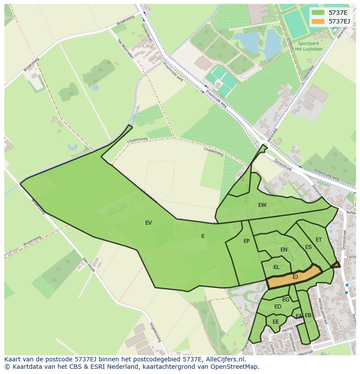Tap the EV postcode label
(x=149, y=223)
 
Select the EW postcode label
(x=262, y=205)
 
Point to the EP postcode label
(x=247, y=241)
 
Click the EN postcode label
(x=284, y=250)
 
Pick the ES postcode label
(x=308, y=247)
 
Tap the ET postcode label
(x=319, y=240)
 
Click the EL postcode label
(x=276, y=267)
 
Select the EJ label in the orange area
(x=295, y=277)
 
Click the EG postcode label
(x=286, y=300)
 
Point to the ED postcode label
(x=278, y=307)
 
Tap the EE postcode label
(x=276, y=322)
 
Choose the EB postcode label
(x=308, y=315)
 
